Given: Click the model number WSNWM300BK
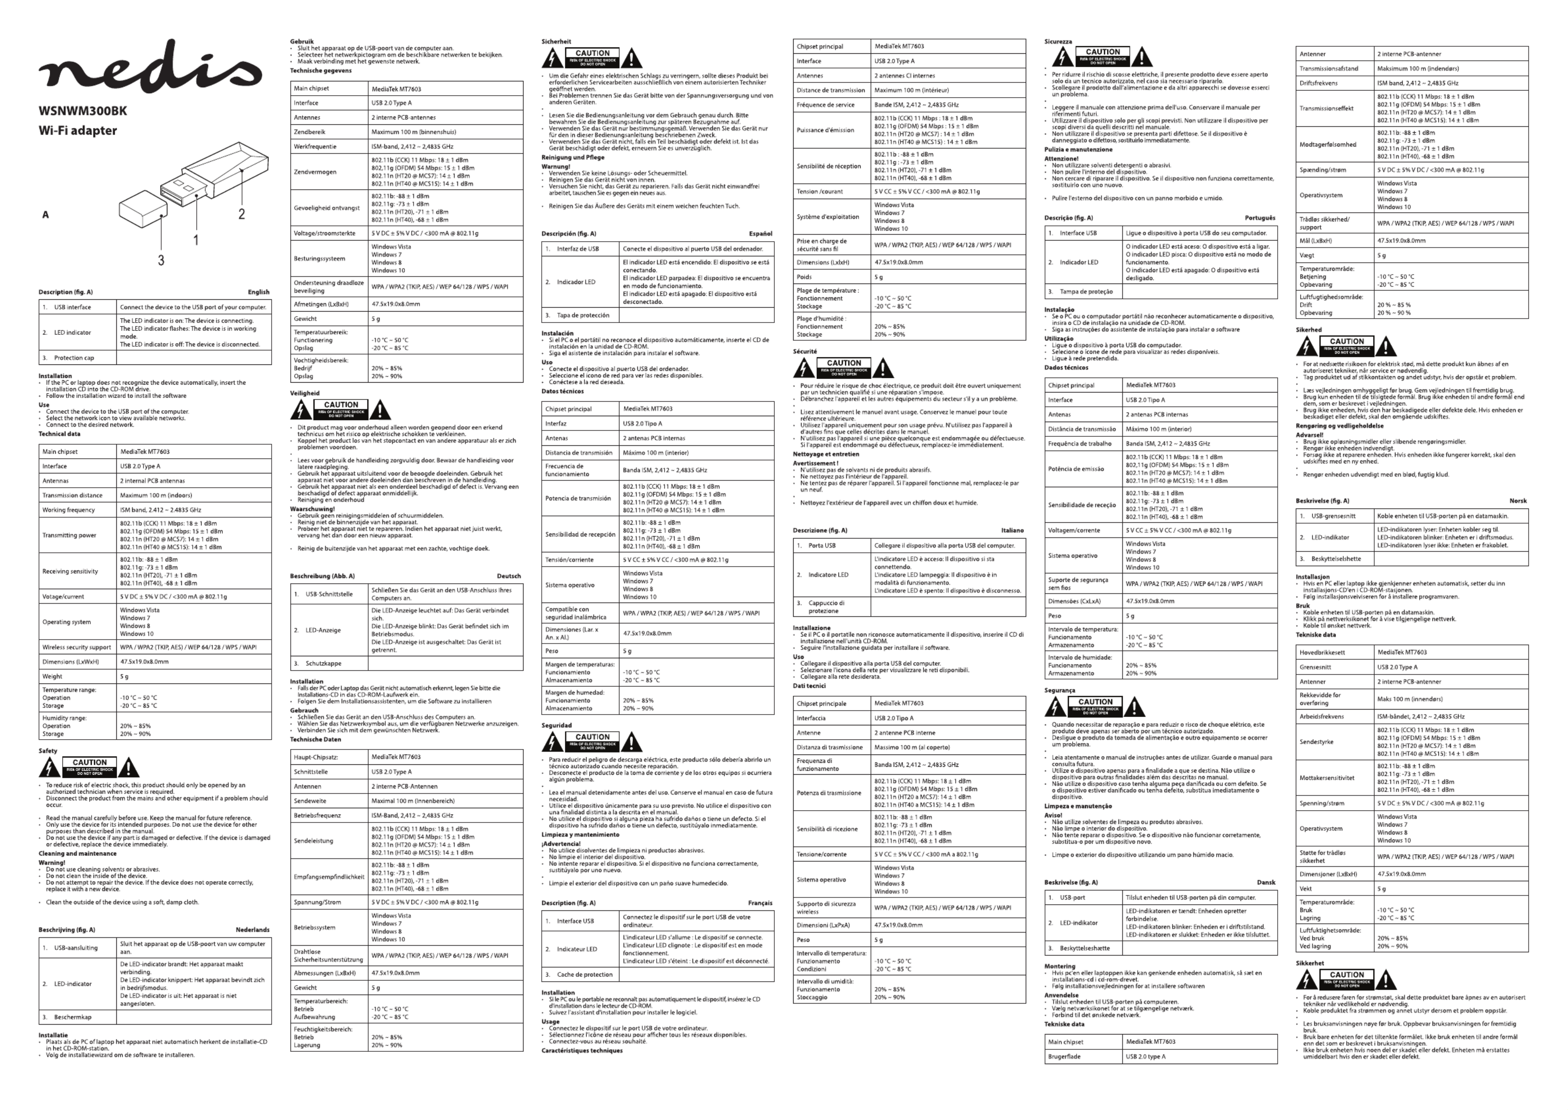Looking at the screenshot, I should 83,111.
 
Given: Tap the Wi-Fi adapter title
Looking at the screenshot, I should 78,131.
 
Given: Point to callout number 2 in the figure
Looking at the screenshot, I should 241,215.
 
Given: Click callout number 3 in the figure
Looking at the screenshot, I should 161,260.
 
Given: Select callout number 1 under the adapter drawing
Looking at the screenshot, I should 196,240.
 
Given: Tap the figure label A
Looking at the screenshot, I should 46,215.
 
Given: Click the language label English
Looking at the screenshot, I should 258,292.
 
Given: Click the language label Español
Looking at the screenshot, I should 761,234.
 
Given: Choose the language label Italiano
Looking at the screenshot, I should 1012,531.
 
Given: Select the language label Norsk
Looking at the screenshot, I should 1518,501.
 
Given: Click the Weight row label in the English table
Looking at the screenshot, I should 53,677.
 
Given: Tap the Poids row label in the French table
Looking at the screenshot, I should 804,277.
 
